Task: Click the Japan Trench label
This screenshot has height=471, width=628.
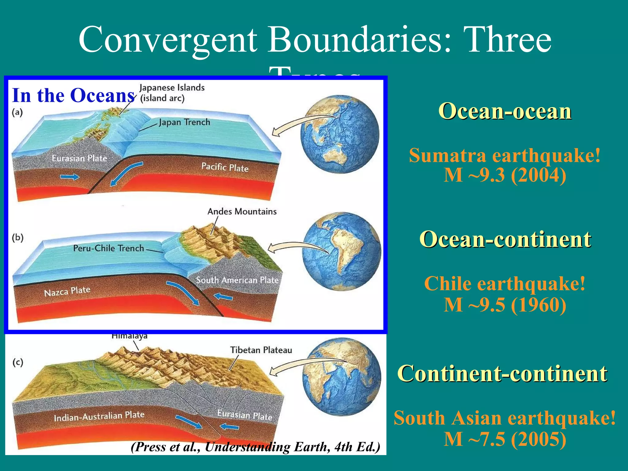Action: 184,122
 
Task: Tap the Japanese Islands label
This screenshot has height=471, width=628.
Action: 172,88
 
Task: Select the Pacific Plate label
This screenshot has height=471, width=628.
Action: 225,167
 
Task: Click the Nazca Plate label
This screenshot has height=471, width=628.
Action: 67,291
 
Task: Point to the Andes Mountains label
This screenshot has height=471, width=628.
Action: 242,212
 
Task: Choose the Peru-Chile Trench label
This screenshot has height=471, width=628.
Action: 108,248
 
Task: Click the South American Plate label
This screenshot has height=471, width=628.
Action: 237,280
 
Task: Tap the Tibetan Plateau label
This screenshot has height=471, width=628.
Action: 261,350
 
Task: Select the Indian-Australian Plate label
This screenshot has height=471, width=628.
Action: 99,416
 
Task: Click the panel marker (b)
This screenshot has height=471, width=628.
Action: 18,238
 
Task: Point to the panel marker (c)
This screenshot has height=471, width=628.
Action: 18,362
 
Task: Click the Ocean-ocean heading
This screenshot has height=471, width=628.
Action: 505,111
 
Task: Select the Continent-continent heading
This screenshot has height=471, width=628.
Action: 502,373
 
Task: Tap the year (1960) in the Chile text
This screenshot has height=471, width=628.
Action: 538,305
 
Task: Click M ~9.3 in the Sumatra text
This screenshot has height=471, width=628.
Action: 474,175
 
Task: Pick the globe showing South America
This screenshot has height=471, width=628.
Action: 341,251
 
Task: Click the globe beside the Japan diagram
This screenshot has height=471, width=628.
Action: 340,134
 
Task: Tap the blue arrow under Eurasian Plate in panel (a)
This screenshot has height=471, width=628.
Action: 70,177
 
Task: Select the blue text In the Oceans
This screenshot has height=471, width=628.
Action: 73,95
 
